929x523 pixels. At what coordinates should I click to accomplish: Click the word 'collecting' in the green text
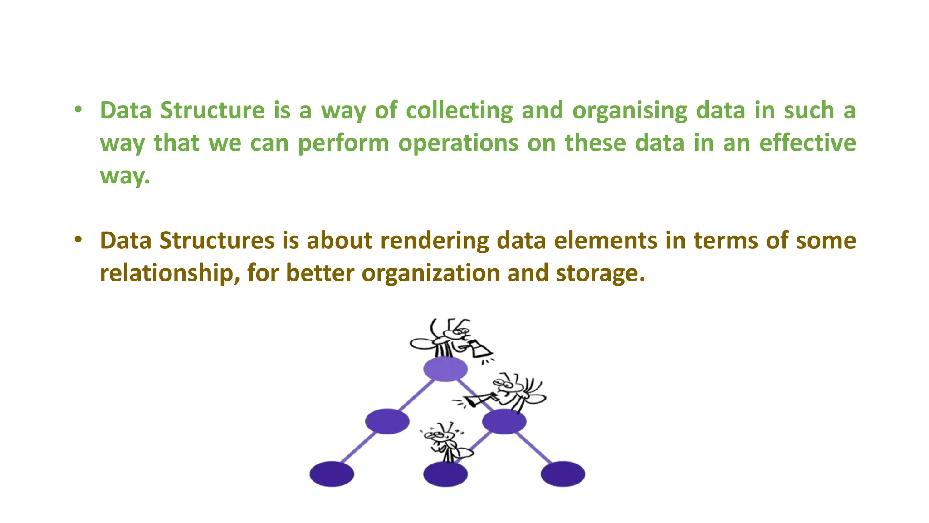click(x=459, y=111)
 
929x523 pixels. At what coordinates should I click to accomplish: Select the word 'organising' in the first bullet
click(x=630, y=111)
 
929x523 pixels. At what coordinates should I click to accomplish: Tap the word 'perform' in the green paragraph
click(x=343, y=143)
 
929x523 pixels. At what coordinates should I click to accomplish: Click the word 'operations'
click(x=458, y=143)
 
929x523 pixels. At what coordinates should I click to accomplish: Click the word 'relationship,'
click(x=170, y=273)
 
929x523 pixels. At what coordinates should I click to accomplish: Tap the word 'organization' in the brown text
click(x=430, y=273)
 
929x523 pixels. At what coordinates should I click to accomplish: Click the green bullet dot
click(x=78, y=109)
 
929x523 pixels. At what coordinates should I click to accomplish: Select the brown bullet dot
click(x=78, y=239)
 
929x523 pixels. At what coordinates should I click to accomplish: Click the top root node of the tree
click(x=445, y=369)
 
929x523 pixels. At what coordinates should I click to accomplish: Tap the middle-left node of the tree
click(x=387, y=421)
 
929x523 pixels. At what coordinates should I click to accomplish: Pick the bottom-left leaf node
click(x=332, y=474)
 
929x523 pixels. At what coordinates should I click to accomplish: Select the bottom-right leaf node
click(x=562, y=474)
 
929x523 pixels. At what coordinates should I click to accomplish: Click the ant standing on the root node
click(x=442, y=338)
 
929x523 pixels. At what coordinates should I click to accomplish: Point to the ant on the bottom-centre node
click(x=445, y=443)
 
